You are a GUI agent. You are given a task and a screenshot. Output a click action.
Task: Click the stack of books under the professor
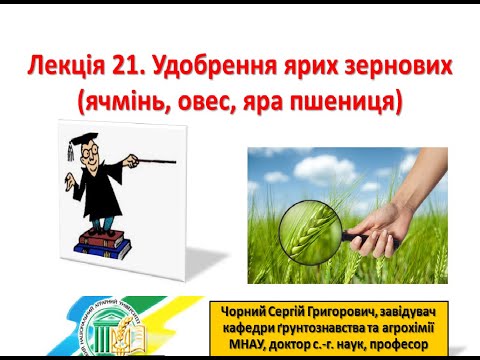tap(105, 241)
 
